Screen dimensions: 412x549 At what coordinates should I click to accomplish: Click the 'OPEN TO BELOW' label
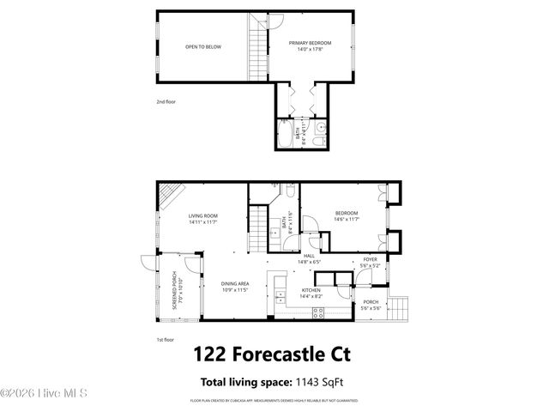click(203, 46)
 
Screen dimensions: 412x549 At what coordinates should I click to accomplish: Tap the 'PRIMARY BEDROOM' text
click(310, 43)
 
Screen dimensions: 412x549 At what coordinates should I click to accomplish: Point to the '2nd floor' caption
click(166, 102)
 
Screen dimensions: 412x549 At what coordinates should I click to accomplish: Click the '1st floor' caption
click(166, 339)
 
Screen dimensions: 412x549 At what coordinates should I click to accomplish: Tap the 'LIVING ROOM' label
click(203, 215)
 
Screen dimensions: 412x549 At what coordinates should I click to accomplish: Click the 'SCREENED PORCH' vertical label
click(173, 289)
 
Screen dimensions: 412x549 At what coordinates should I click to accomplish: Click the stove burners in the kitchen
click(318, 313)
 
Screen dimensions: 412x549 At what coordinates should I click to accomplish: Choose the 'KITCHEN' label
click(311, 290)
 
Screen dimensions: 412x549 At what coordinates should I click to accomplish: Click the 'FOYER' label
click(370, 259)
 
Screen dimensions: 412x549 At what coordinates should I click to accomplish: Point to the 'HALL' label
click(309, 256)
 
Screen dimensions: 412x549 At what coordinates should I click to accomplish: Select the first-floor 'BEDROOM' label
click(347, 213)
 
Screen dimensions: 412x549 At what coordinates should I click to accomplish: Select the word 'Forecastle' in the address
click(278, 354)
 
